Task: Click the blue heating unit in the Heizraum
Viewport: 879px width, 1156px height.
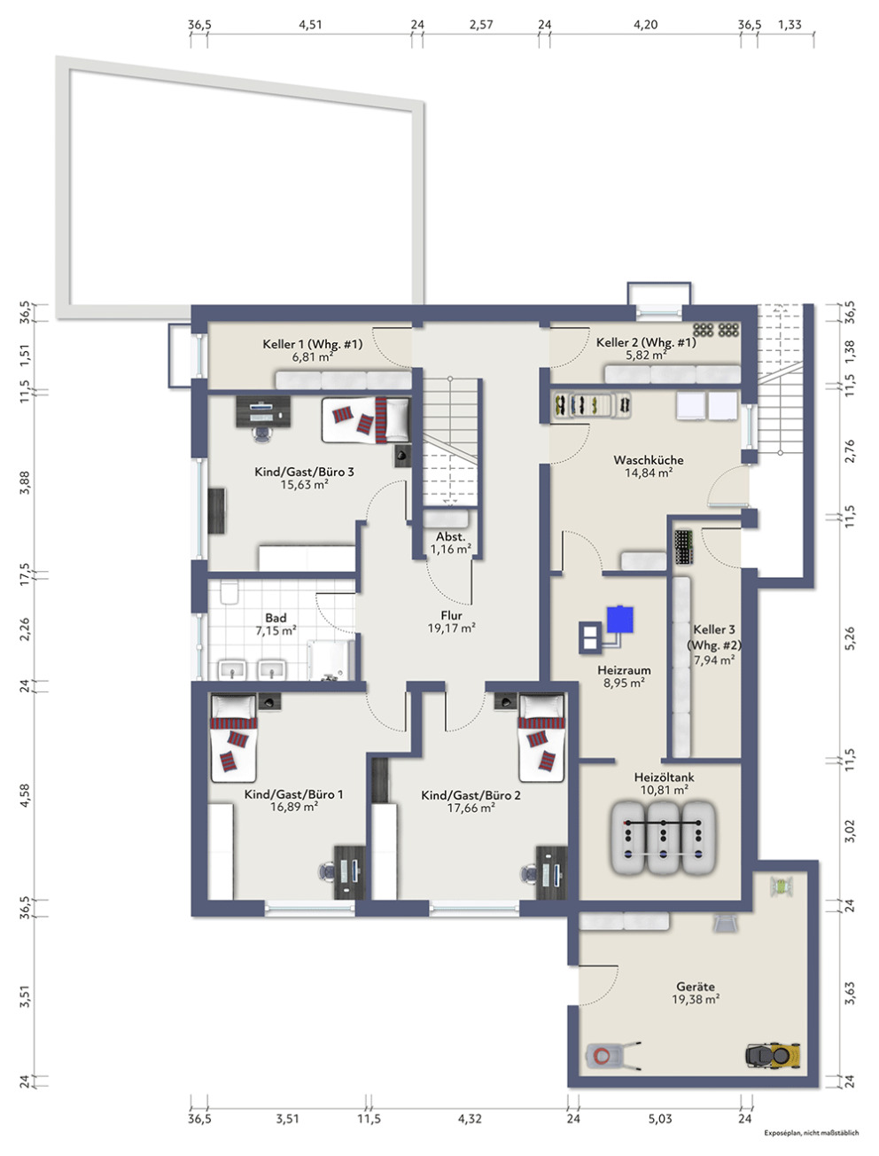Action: pos(619,619)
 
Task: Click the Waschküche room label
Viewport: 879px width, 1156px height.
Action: pos(649,460)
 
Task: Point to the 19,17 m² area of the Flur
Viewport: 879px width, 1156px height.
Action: pos(451,629)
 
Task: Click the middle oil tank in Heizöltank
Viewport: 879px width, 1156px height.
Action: pos(663,837)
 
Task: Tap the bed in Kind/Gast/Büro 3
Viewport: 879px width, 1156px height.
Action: pos(365,419)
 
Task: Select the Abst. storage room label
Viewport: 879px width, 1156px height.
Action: pos(450,536)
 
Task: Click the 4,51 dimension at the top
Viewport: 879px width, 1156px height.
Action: pos(310,24)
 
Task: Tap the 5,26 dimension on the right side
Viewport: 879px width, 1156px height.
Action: pos(850,637)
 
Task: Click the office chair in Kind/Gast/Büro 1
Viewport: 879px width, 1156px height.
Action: pos(327,871)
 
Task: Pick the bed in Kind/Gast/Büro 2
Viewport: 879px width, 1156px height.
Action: pos(541,738)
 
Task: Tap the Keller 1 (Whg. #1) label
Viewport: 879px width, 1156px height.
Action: pos(313,344)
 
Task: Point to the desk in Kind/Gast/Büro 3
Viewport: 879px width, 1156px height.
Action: pos(263,411)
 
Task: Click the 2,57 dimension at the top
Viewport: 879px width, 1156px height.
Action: pos(481,24)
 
